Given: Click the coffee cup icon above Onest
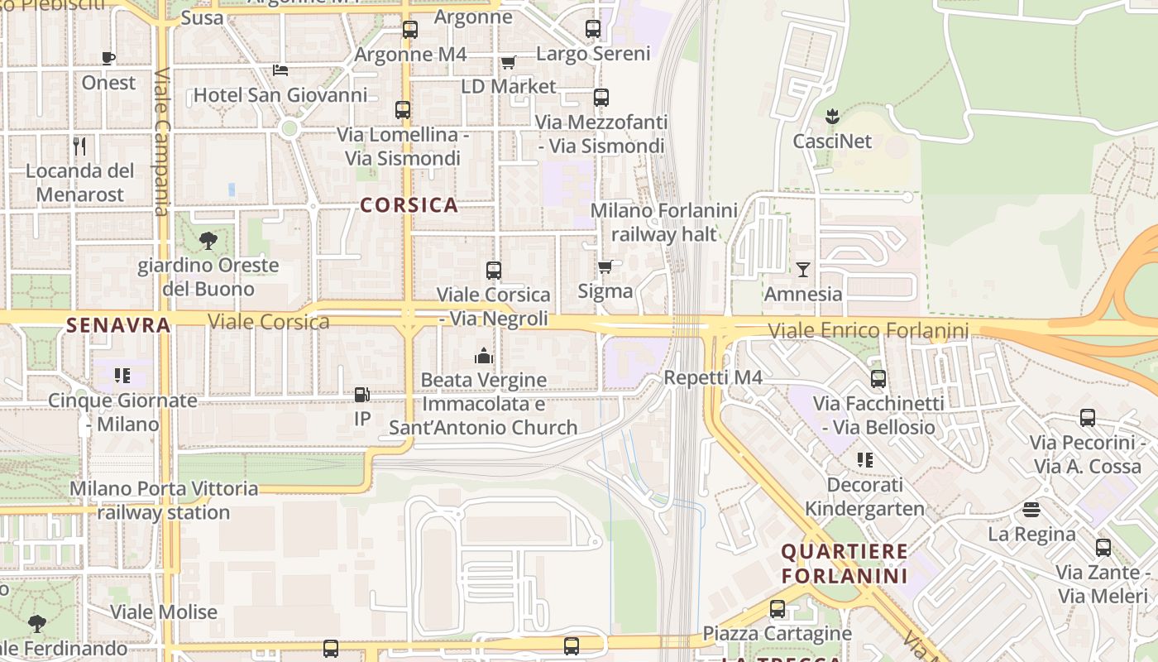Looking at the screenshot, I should [x=108, y=57].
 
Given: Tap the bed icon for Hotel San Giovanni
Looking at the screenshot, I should [x=280, y=70].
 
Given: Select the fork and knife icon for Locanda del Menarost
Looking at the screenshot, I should [x=79, y=146].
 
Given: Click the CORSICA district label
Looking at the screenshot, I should [x=409, y=205].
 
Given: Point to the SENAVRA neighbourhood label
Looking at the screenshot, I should [x=118, y=325].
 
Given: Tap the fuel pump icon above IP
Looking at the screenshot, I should [x=361, y=396].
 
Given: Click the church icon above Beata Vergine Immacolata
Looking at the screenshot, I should [x=484, y=356].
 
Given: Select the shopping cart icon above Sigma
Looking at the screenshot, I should [x=605, y=266].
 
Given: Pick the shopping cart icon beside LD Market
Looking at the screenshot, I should [x=508, y=62].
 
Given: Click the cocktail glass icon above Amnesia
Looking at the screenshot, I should [x=802, y=269].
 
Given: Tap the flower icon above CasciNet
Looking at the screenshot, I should [x=832, y=116].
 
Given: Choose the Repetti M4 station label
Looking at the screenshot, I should [x=713, y=378].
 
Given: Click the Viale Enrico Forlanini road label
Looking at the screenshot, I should [x=868, y=331].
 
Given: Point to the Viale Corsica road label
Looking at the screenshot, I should [x=269, y=322].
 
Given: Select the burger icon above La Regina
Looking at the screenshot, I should [x=1031, y=509].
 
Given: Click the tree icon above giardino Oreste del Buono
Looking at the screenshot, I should [x=208, y=241].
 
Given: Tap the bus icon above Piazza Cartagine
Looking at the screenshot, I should [x=778, y=609].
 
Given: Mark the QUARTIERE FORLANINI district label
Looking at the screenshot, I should [x=845, y=563].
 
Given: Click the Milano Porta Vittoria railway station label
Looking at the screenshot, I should [x=163, y=500].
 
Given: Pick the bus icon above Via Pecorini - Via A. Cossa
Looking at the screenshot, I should [x=1087, y=418].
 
